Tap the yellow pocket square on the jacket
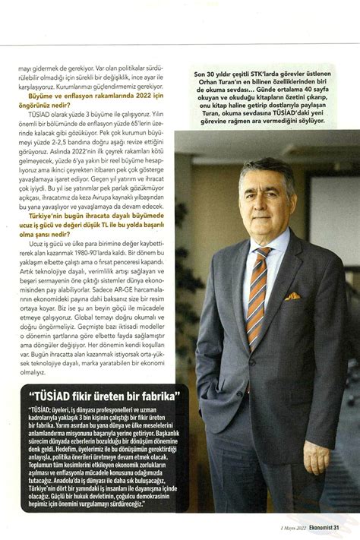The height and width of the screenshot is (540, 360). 292,296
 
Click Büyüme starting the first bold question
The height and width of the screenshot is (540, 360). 42,97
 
